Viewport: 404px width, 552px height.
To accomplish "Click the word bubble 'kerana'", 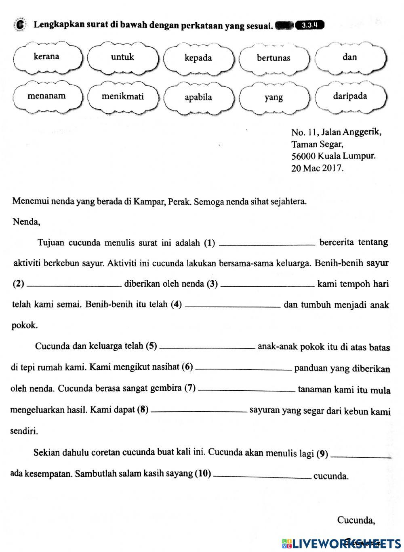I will tap(46, 57).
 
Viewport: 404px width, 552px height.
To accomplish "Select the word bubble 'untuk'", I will tap(122, 57).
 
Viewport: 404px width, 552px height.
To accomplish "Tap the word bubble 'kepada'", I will tap(198, 58).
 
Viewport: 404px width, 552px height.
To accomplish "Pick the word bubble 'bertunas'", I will tap(274, 58).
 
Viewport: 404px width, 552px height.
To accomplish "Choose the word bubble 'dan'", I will tap(349, 57).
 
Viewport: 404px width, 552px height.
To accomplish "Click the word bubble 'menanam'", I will tap(46, 96).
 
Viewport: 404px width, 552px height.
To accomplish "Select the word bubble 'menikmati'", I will tap(122, 97).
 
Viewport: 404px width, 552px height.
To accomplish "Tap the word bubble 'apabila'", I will tap(198, 98).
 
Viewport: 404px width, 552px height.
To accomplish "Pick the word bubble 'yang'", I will tap(274, 98).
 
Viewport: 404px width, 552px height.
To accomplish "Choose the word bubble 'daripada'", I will tap(350, 96).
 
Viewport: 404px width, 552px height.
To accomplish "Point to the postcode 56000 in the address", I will tap(303, 156).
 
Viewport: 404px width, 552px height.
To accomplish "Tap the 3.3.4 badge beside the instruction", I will tap(310, 25).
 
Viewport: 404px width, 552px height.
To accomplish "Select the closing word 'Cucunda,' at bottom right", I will tap(356, 520).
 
